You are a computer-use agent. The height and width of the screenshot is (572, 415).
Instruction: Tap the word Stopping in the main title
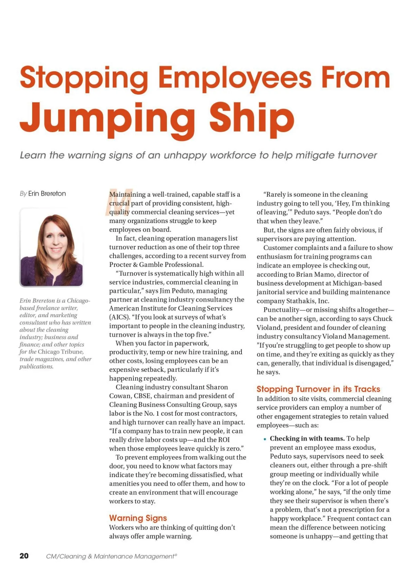click(84, 78)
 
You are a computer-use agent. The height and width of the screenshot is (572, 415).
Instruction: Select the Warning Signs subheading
click(138, 518)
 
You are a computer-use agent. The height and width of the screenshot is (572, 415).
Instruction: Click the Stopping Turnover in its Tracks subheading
click(318, 389)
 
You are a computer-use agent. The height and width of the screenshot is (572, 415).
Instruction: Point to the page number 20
click(24, 556)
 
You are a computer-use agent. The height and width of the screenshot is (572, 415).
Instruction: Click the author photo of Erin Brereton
click(51, 248)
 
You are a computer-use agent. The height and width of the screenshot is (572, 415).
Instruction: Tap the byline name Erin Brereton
click(47, 194)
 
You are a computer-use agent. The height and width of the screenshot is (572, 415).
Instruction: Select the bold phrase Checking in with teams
click(307, 438)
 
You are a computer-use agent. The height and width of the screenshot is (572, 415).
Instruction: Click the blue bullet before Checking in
click(265, 439)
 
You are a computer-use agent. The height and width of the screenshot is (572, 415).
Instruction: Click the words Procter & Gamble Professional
click(156, 264)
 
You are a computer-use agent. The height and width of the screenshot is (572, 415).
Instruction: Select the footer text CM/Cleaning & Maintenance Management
click(111, 556)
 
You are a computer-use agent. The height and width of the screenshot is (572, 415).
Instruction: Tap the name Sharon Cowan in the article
click(207, 387)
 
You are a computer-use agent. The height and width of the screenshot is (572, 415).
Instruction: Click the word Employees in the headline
click(235, 78)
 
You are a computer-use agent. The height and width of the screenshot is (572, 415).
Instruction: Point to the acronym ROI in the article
click(224, 439)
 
